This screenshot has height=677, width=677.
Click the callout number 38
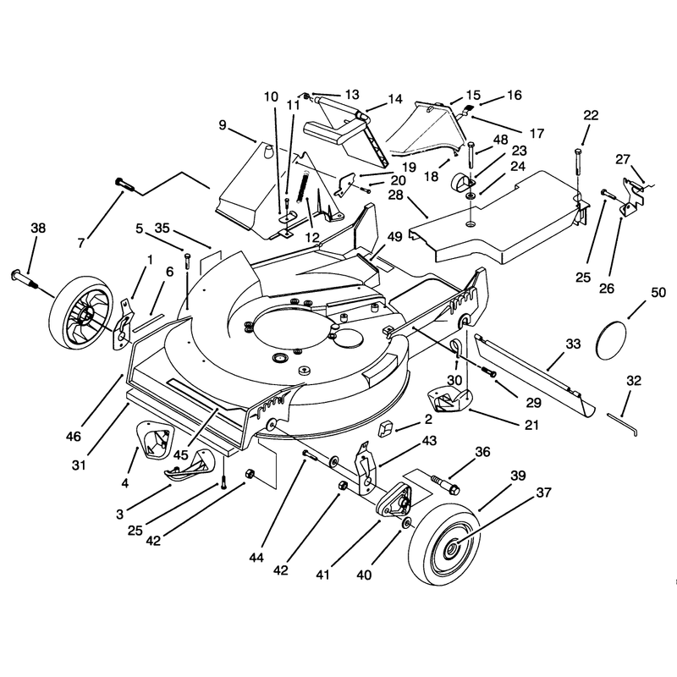[x=38, y=228]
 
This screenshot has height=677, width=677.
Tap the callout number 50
[x=658, y=293]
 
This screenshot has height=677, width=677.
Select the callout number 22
[x=591, y=115]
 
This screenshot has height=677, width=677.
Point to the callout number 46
[x=74, y=437]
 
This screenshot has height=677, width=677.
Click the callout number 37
[x=543, y=493]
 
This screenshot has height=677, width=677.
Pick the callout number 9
[x=223, y=125]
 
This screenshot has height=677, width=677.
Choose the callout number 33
[x=573, y=344]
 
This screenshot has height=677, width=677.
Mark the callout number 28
[x=395, y=195]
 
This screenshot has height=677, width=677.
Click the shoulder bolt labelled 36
[x=445, y=483]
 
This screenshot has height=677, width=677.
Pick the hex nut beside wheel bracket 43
[x=343, y=485]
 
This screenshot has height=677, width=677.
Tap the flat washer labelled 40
[x=407, y=524]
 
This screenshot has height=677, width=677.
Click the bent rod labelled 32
[x=622, y=425]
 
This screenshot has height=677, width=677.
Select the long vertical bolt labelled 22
[x=578, y=168]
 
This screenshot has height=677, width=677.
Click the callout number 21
[x=531, y=425]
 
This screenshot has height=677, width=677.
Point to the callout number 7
[x=81, y=243]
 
